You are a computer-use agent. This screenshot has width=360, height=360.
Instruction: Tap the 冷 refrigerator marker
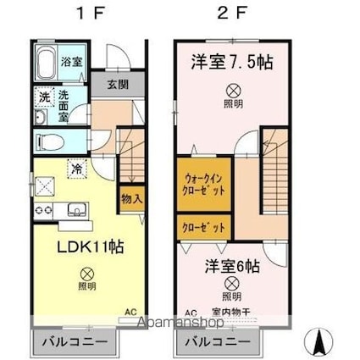point(75,169)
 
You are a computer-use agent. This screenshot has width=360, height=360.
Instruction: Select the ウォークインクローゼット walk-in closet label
point(203,184)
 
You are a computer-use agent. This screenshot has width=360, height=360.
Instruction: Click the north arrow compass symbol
point(320,341)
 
